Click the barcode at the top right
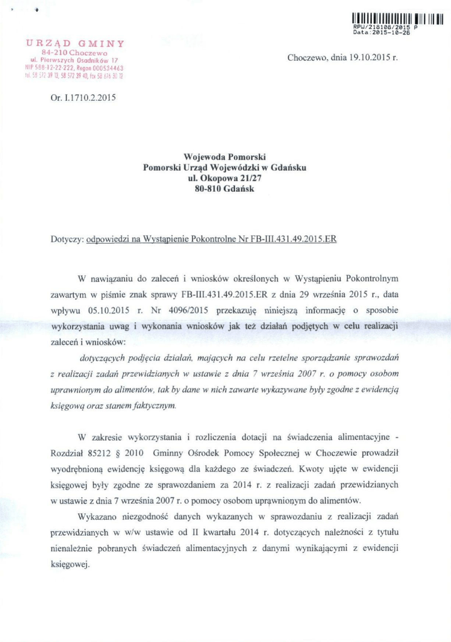(x=395, y=16)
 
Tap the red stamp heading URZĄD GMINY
(x=75, y=43)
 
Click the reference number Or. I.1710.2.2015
(x=83, y=98)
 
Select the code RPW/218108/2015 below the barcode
(x=382, y=28)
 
